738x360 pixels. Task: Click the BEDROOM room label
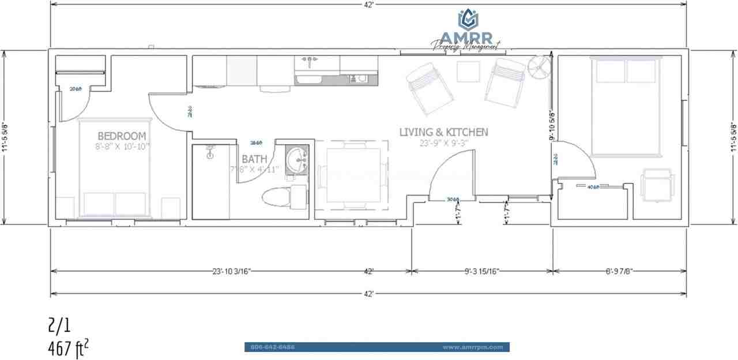tap(122, 136)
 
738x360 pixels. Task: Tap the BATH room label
tap(254, 159)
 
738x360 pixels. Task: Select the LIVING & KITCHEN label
tap(443, 132)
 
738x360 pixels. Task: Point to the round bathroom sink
tap(297, 158)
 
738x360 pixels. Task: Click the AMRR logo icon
tap(468, 19)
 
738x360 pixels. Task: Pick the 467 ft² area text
tap(69, 349)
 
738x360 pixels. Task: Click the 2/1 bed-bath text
tap(59, 326)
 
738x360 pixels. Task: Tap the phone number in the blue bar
tap(273, 347)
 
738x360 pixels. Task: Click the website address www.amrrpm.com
tap(473, 347)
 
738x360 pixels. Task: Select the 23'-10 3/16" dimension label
tap(225, 271)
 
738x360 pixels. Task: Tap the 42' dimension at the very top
tap(368, 5)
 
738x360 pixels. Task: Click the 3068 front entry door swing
tap(451, 179)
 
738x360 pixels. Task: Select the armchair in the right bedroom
tap(657, 185)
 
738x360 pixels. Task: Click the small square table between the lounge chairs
tap(468, 72)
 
